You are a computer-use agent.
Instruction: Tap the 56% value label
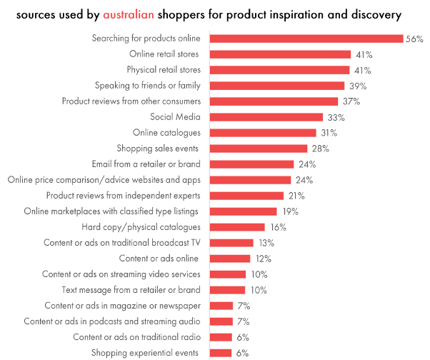click(x=414, y=39)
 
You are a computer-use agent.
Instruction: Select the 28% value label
click(x=319, y=149)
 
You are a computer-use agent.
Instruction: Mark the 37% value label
click(x=351, y=101)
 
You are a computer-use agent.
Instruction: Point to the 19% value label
click(x=289, y=211)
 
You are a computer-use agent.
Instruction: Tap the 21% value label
click(x=295, y=196)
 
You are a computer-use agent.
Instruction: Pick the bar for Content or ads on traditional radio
click(x=221, y=337)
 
